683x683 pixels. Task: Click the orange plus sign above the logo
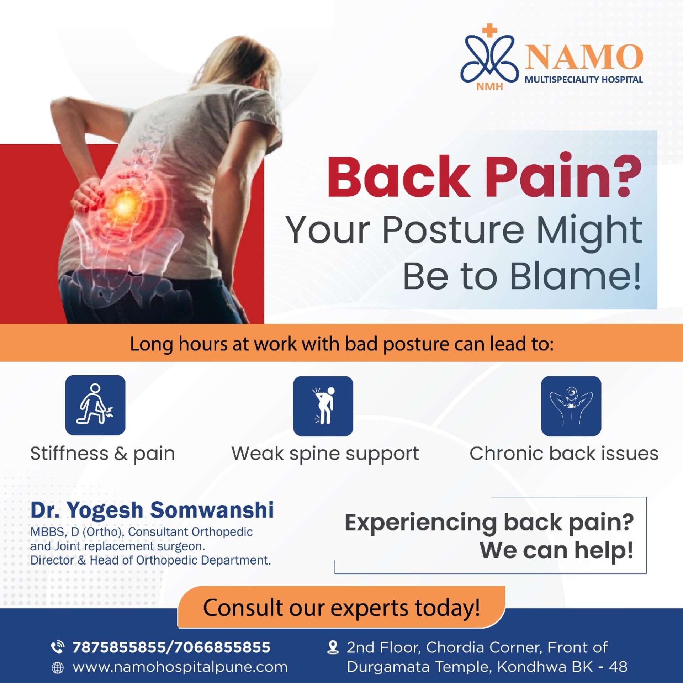click(x=490, y=30)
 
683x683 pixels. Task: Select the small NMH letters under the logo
click(x=489, y=86)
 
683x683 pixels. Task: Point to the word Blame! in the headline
click(x=576, y=276)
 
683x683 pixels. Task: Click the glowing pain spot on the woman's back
click(x=124, y=206)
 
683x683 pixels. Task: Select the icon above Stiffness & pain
click(x=95, y=405)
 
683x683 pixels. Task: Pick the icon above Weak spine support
click(x=323, y=406)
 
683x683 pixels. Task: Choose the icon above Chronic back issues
click(x=571, y=406)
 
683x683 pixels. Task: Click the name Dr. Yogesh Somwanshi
click(x=152, y=510)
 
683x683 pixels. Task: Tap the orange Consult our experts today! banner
click(x=341, y=607)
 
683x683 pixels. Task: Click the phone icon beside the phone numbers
click(x=58, y=647)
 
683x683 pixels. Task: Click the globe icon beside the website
click(x=58, y=668)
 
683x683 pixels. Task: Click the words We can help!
click(x=556, y=550)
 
